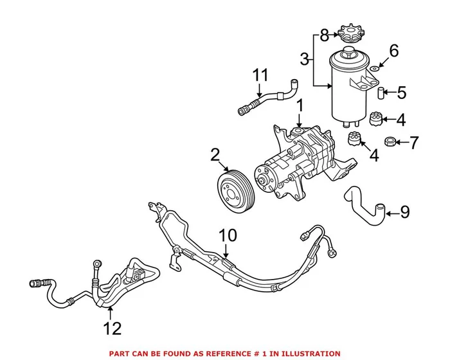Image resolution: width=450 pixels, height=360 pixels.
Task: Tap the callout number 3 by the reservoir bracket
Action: (x=305, y=60)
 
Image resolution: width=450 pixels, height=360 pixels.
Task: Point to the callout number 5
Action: (x=401, y=93)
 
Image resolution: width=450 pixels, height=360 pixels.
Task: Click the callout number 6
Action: (x=395, y=50)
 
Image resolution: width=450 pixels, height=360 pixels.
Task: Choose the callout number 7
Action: (x=415, y=141)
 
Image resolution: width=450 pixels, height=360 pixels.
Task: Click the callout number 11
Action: (x=259, y=75)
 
